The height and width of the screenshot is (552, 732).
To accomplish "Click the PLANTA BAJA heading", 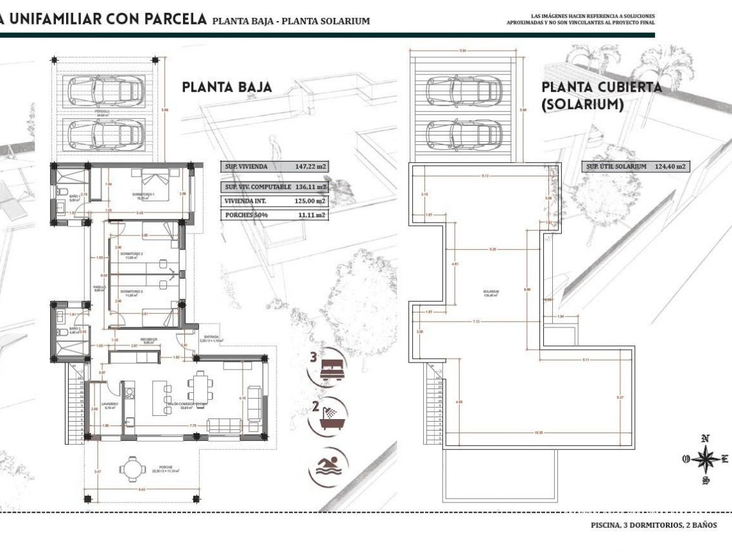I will pos(227,87).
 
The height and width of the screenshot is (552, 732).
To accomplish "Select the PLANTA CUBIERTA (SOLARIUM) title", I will pos(601,96).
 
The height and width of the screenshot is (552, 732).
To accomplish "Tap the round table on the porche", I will pos(131,469).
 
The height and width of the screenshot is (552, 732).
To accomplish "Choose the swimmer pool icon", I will pos(329,466).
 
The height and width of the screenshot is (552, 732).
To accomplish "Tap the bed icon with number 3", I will pos(329,368).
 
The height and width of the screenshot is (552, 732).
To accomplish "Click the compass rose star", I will pos(705,459).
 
